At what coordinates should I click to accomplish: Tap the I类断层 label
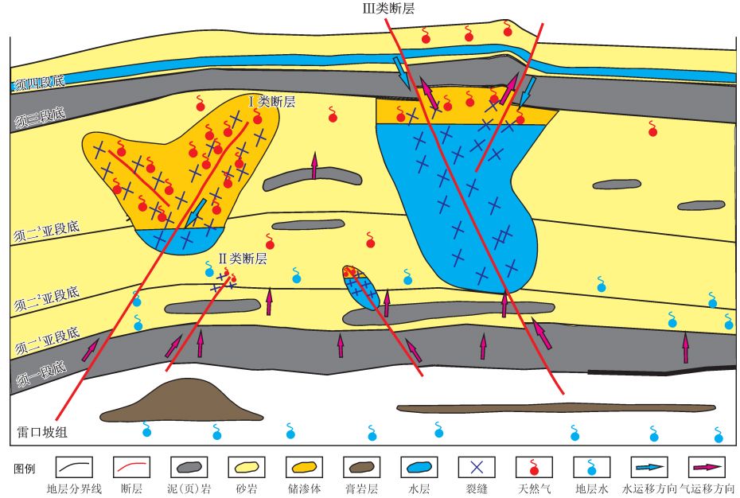tap(272, 102)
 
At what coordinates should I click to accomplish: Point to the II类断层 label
tap(242, 259)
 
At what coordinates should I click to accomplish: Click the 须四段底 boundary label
tap(37, 83)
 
